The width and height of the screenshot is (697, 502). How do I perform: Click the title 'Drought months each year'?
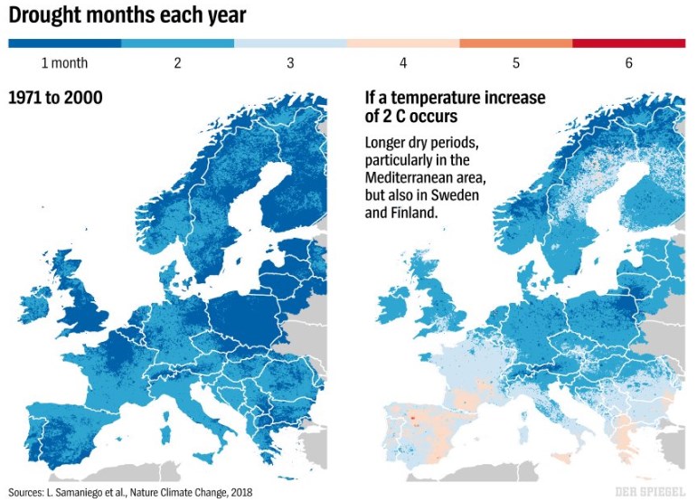coord(127,16)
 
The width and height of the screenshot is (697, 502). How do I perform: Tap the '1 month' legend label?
coord(63,63)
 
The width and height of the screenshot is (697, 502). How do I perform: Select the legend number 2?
coord(177,63)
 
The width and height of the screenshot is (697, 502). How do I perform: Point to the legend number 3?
coord(290,63)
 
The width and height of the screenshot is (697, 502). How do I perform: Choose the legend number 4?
coord(403,63)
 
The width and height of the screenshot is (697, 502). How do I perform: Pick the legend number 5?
coord(516,63)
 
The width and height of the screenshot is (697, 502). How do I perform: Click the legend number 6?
coord(629,63)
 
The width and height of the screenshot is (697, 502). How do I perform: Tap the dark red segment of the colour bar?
coord(629,43)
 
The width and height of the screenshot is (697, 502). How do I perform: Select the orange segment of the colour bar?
coord(516,43)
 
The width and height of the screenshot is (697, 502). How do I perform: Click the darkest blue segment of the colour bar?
coord(65,43)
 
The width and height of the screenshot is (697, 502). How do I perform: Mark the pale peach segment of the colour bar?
coord(403,43)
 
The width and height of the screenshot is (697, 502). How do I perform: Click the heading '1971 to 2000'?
coord(54,97)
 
